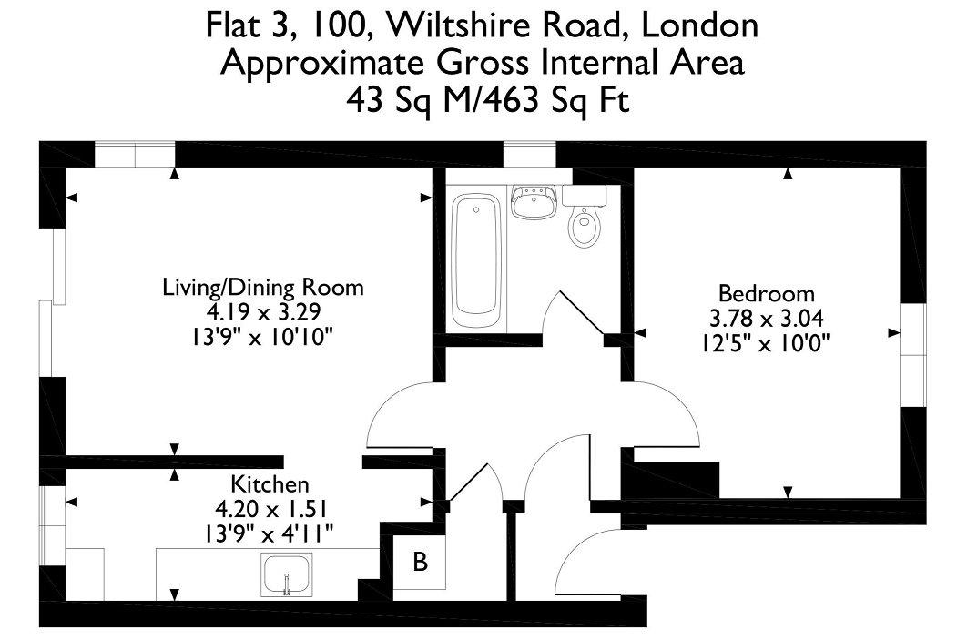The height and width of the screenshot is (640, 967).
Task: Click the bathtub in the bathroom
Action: [476, 260]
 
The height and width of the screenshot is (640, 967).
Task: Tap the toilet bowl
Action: [585, 227]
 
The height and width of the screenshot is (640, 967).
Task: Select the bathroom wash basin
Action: [534, 201]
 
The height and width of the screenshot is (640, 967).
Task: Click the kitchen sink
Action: [286, 574]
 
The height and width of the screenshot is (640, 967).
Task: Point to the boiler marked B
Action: [420, 562]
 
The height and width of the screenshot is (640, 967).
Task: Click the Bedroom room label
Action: [766, 293]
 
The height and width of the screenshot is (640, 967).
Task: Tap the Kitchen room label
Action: [270, 484]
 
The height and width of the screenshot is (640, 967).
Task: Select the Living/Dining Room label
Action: [263, 288]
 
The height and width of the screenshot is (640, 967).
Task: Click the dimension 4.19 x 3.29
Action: [263, 312]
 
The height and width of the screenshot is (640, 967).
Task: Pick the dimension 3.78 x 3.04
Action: [766, 319]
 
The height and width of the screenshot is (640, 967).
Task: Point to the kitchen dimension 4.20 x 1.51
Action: [270, 509]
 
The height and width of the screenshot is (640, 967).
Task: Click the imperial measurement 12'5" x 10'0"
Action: [766, 343]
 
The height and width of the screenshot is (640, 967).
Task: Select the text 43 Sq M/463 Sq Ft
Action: [487, 100]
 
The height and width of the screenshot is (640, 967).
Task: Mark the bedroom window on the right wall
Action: [913, 354]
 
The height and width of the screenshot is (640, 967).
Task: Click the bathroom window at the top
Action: [529, 154]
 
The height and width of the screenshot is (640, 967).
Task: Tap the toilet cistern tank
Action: [584, 196]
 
